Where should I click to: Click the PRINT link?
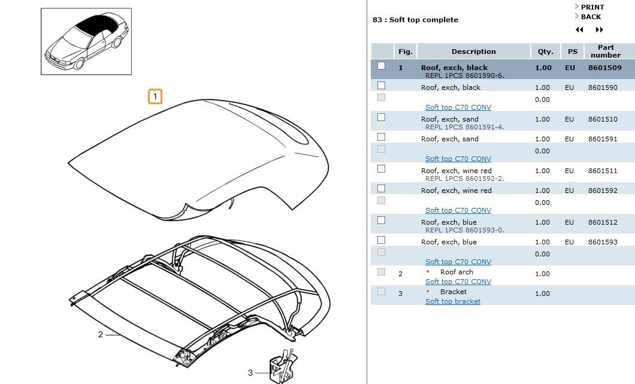[x=592, y=7]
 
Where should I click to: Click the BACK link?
[x=590, y=17]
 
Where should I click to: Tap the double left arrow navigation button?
[x=579, y=30]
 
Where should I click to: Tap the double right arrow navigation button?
[x=600, y=30]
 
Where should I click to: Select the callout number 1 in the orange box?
[x=155, y=96]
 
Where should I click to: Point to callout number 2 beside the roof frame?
[x=101, y=334]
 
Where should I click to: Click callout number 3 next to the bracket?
[x=250, y=373]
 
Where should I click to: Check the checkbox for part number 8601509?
[x=381, y=66]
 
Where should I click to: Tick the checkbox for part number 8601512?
[x=381, y=220]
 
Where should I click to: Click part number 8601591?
[x=603, y=139]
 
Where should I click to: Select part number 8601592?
[x=603, y=191]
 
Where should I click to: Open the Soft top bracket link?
[x=453, y=301]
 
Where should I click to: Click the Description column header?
[x=473, y=52]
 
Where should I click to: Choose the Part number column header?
[x=606, y=52]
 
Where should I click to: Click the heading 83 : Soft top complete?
[x=415, y=20]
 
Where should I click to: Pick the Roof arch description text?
[x=456, y=272]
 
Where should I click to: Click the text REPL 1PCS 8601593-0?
[x=465, y=230]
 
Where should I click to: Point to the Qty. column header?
[x=545, y=52]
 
